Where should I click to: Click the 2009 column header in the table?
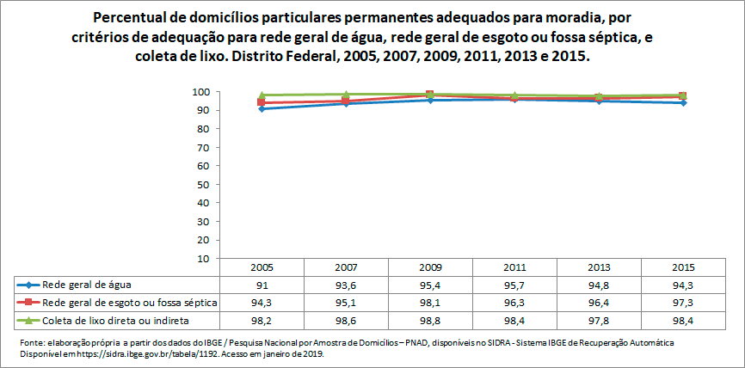click(430, 267)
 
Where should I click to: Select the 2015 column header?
click(684, 267)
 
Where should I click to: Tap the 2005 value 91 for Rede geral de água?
click(262, 285)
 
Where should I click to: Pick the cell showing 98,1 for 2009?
click(430, 303)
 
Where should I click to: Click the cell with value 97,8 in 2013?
click(600, 321)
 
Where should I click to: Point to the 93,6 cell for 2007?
click(346, 285)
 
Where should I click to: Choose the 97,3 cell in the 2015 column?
click(684, 303)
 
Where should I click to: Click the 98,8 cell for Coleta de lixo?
click(430, 321)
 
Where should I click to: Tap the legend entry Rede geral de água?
click(86, 285)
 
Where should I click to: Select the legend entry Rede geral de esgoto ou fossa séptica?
click(129, 303)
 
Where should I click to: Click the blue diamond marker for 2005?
click(262, 108)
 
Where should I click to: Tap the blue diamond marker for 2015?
click(684, 102)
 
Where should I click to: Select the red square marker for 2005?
click(262, 102)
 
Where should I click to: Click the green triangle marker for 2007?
click(346, 95)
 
